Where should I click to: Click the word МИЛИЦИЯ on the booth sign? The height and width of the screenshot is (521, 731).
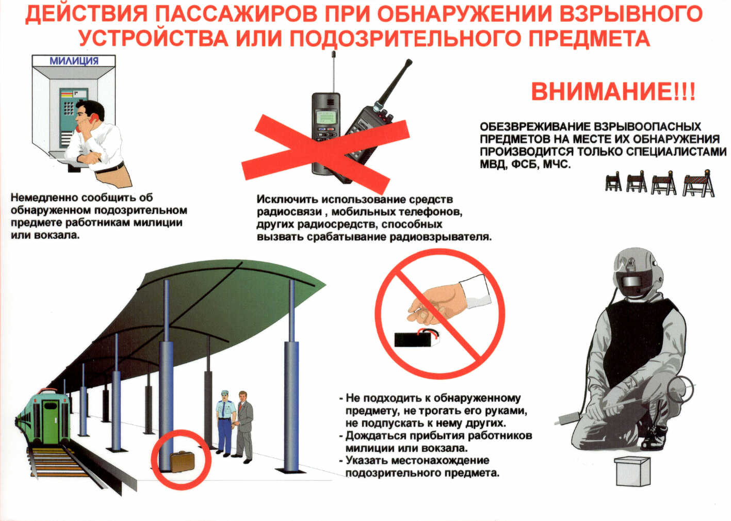click(x=74, y=61)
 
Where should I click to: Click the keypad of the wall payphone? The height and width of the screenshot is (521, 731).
click(x=69, y=108)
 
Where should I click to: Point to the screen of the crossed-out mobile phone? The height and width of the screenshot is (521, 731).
click(x=326, y=117)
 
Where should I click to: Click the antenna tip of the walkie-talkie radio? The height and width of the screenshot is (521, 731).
click(x=409, y=61)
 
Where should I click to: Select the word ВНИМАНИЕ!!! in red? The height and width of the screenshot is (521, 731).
click(x=613, y=92)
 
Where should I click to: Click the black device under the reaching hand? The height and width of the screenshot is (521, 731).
click(x=417, y=339)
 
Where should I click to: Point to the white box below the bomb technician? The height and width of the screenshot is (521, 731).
click(x=632, y=471)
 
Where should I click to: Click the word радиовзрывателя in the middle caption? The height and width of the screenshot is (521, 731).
click(x=441, y=237)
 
